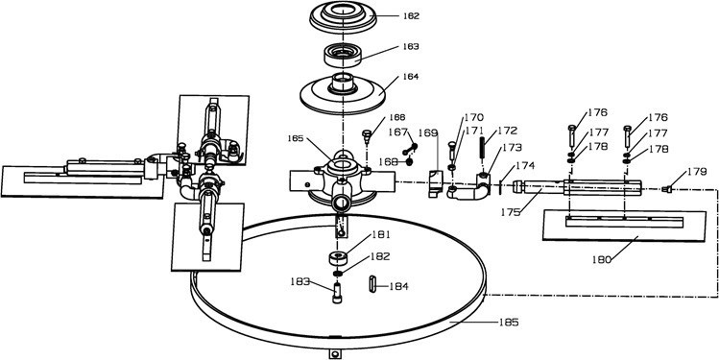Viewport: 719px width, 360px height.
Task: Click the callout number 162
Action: pyautogui.click(x=411, y=16)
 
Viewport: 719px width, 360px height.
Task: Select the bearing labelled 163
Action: pyautogui.click(x=343, y=55)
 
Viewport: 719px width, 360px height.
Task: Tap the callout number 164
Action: pyautogui.click(x=411, y=77)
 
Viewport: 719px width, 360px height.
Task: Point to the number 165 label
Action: pyautogui.click(x=296, y=138)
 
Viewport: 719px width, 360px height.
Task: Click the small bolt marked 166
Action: pyautogui.click(x=367, y=135)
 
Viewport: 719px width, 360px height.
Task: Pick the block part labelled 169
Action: pyautogui.click(x=435, y=183)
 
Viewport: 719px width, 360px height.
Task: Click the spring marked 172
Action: pyautogui.click(x=483, y=147)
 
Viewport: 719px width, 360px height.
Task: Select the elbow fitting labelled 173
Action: pyautogui.click(x=468, y=187)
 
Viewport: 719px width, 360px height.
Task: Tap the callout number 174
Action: pyautogui.click(x=525, y=165)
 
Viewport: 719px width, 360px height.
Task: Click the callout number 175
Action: pyautogui.click(x=510, y=212)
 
